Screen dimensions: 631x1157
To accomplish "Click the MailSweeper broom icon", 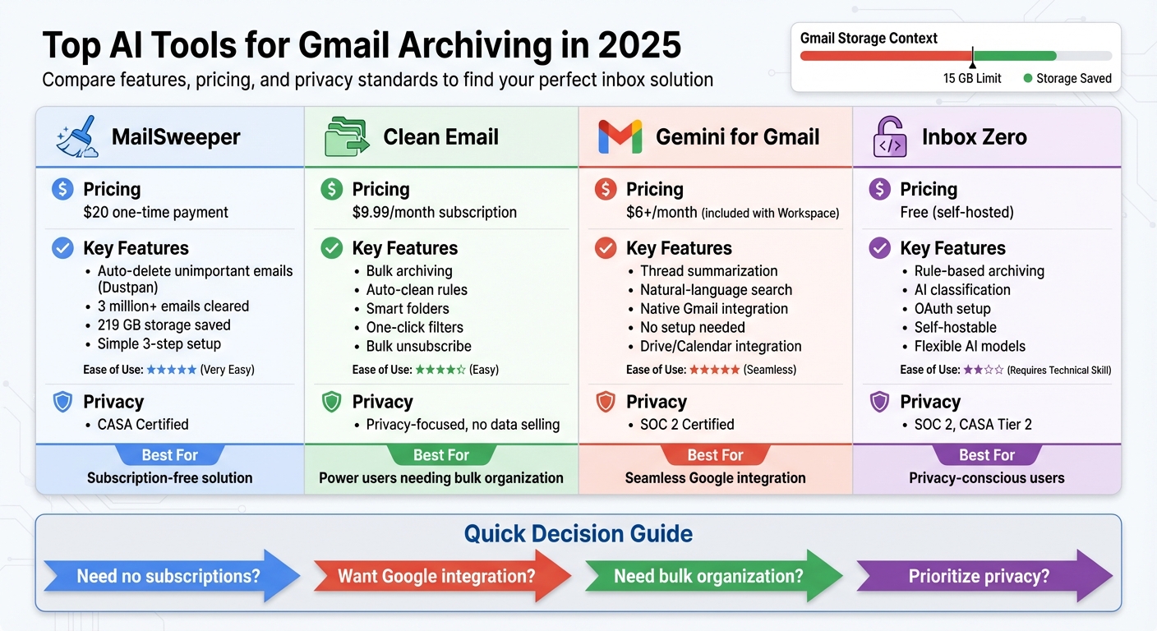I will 77,136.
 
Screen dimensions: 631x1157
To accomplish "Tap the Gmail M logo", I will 620,136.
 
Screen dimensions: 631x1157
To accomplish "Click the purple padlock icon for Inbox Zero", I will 890,136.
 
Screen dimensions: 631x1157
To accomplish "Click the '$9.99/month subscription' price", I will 434,212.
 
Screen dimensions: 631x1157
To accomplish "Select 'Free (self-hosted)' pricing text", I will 956,212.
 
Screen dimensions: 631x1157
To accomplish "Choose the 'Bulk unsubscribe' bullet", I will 418,346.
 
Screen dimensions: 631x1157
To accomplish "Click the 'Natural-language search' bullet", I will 716,289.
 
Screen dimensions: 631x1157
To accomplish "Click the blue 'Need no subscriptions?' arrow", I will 168,576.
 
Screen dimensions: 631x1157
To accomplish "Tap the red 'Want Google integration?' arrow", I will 436,576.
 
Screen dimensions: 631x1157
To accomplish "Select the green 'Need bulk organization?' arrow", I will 708,576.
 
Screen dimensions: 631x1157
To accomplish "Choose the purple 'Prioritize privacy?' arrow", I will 979,576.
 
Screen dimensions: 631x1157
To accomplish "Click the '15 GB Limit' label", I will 972,79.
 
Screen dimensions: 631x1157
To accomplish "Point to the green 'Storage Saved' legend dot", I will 1027,79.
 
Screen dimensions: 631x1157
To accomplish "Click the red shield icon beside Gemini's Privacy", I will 605,402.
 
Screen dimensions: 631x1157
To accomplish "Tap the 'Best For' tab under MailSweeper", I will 169,455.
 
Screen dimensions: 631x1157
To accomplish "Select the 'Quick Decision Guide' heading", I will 578,534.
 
